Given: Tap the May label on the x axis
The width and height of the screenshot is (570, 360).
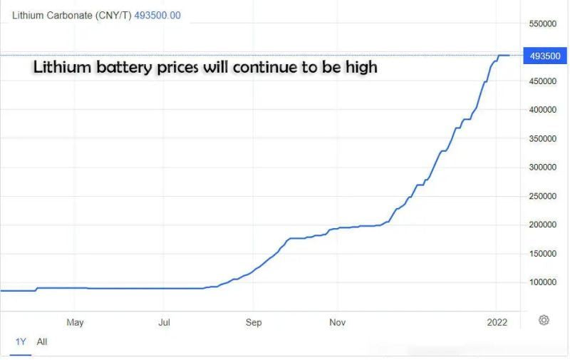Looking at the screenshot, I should click(x=75, y=322).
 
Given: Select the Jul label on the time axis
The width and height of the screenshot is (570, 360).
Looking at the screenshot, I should click(x=165, y=322).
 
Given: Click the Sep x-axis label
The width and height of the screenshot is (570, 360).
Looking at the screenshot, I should click(x=254, y=322).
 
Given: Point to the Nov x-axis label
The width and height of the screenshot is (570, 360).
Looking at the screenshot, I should click(x=338, y=322).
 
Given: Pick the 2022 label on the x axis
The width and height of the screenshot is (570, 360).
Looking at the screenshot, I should click(x=497, y=322).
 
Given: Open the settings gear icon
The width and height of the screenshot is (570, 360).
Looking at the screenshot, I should click(x=544, y=320).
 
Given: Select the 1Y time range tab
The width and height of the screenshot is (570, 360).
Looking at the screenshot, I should click(x=21, y=341).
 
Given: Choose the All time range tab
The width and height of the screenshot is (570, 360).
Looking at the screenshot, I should click(x=42, y=341).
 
